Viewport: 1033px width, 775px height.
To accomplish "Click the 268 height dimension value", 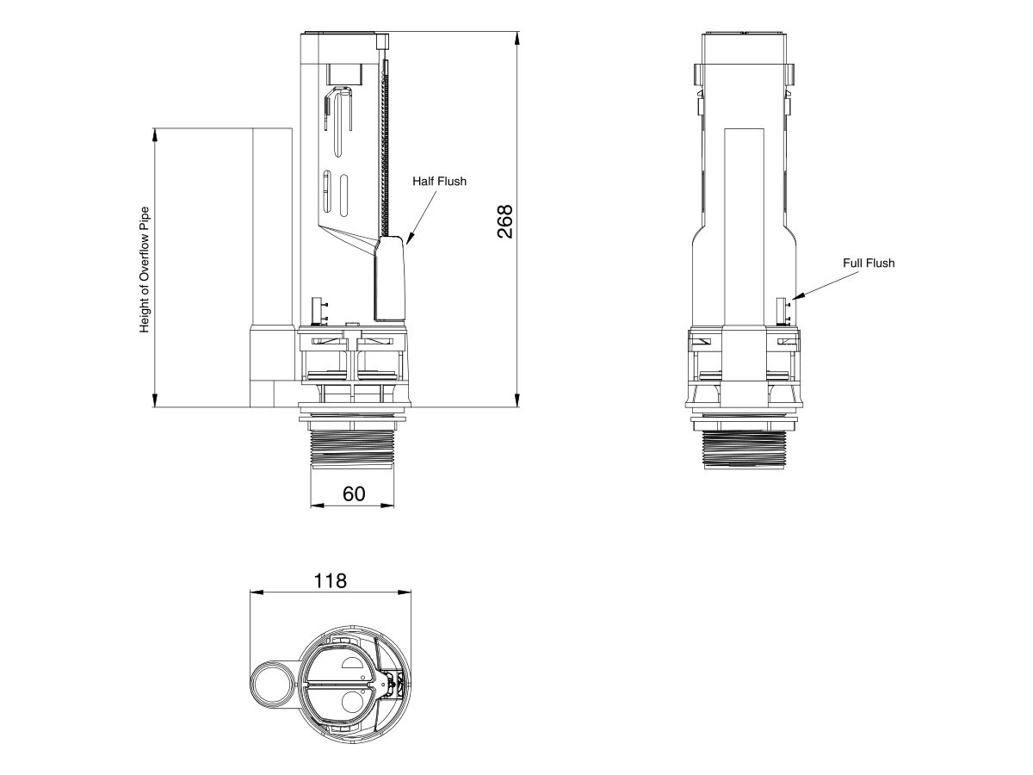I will (x=505, y=221).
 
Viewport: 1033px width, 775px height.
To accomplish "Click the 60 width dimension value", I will (x=354, y=493).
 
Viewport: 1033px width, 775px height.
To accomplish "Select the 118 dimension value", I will (x=330, y=580).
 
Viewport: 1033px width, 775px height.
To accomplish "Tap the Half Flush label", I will (x=439, y=181).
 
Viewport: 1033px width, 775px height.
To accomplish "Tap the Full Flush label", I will (x=869, y=263).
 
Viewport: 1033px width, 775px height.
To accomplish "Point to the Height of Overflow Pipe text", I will (x=145, y=269).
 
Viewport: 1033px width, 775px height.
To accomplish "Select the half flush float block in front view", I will (x=390, y=278).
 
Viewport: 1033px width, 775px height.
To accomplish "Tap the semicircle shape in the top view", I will (x=354, y=661).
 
